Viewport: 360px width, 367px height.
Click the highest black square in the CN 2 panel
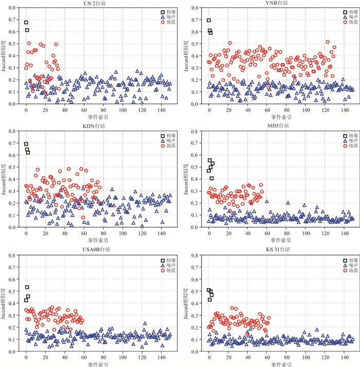tap(26, 23)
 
